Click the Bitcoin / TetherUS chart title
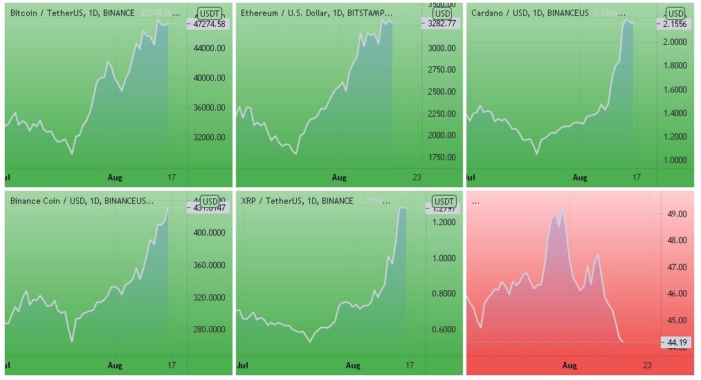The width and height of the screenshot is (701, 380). (x=73, y=13)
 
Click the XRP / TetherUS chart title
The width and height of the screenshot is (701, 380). (x=297, y=200)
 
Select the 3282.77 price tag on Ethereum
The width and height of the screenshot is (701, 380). (x=438, y=23)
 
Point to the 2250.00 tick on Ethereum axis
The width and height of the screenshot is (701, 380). (x=441, y=113)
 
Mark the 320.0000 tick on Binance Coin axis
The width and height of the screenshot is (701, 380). (x=209, y=298)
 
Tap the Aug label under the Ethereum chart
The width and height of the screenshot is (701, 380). (x=339, y=178)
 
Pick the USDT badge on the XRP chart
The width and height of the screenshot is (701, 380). (x=439, y=200)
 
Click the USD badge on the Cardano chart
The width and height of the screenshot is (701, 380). (x=676, y=13)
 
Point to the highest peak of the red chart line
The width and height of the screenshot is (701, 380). (x=563, y=209)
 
